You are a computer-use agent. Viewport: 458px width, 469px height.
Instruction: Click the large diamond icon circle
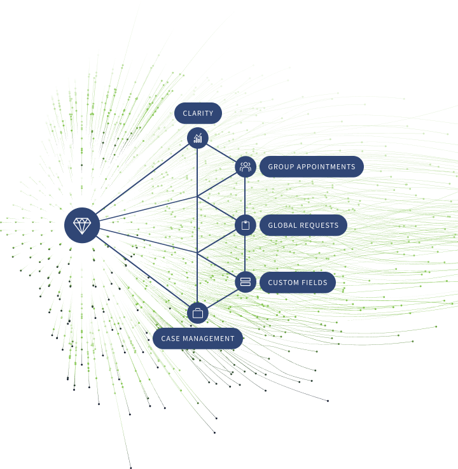point(82,225)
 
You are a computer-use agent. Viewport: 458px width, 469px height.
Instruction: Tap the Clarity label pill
point(198,113)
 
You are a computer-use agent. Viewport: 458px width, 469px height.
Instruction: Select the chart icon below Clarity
point(198,137)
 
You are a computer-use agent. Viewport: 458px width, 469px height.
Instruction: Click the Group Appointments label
point(312,167)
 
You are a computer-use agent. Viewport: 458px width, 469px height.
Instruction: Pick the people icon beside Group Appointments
point(245,167)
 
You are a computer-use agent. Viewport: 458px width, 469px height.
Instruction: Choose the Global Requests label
point(303,225)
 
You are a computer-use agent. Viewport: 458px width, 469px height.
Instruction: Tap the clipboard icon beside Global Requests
point(245,225)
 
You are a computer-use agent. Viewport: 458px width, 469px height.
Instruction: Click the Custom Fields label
point(298,283)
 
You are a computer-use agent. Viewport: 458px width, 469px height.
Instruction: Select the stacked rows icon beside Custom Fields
point(245,282)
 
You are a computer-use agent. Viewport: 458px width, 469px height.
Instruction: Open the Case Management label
point(198,339)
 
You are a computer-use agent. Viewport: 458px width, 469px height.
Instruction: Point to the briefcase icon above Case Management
point(198,313)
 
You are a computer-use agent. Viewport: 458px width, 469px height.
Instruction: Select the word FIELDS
point(314,283)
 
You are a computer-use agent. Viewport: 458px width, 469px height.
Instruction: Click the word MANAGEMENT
point(209,339)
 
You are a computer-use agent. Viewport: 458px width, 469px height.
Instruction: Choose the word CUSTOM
point(282,283)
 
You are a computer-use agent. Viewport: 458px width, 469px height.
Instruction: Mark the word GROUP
point(280,167)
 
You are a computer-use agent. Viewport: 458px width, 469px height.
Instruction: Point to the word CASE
point(170,339)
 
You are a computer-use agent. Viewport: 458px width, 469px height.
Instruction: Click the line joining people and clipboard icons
point(245,196)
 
